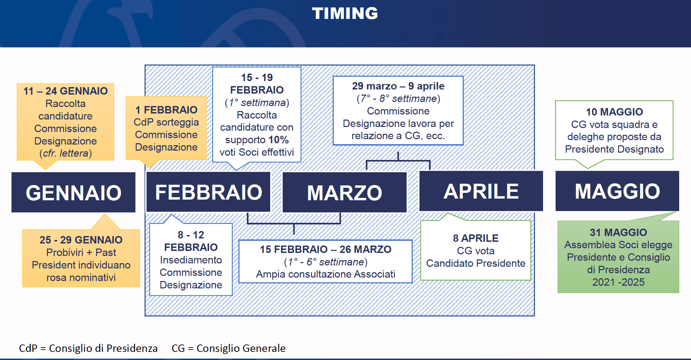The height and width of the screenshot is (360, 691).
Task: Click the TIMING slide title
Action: click(345, 14)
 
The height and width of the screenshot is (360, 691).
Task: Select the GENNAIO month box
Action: click(73, 192)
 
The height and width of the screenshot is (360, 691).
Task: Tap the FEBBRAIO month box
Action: click(208, 192)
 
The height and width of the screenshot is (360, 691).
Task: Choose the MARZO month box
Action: click(344, 192)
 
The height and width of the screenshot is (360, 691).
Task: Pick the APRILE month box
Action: click(481, 191)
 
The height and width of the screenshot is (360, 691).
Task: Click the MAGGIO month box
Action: click(617, 191)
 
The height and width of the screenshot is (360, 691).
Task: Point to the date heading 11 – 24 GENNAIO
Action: click(66, 91)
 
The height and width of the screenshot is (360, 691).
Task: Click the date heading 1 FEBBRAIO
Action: click(166, 110)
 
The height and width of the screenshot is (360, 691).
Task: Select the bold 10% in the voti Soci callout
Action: click(279, 140)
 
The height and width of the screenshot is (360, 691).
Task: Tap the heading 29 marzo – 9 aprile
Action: click(398, 86)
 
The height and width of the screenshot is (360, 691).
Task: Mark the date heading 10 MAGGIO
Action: click(614, 112)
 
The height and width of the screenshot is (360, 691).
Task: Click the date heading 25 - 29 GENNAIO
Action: click(81, 240)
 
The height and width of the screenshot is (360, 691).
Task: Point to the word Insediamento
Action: click(191, 260)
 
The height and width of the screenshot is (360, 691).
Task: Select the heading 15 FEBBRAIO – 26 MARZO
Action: click(326, 249)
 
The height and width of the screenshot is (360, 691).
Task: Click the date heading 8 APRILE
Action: click(476, 238)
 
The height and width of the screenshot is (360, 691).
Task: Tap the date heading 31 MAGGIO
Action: click(618, 232)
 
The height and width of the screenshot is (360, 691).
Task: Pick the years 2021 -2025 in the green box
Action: click(618, 282)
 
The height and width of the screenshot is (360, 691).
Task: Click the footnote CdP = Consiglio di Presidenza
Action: click(88, 348)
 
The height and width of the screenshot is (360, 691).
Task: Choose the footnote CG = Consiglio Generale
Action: click(229, 348)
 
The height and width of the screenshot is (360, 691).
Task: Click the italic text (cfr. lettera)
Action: click(66, 153)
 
